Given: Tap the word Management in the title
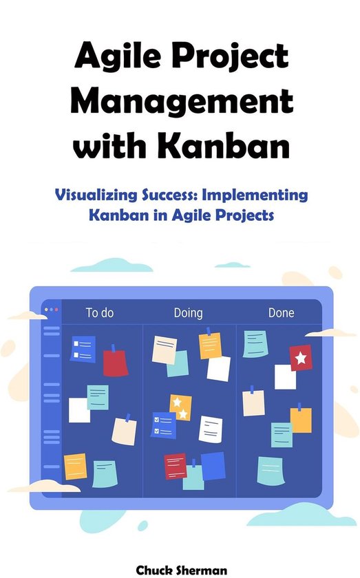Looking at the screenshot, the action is [x=182, y=101].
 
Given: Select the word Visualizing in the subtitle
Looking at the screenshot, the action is [x=96, y=195].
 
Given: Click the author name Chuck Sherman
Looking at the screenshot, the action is [x=182, y=570].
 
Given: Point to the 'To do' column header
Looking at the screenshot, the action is [x=100, y=313].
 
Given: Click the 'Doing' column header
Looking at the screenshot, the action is [x=188, y=313].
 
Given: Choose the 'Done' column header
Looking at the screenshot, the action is [x=281, y=313].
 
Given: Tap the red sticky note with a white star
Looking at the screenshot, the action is [x=301, y=358].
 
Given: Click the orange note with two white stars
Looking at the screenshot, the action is [x=180, y=407].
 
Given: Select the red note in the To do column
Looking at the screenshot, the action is [x=115, y=363].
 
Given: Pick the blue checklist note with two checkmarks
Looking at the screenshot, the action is [x=163, y=425].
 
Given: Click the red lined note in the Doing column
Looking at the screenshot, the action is [x=176, y=466].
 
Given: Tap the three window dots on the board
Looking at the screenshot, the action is [x=51, y=310].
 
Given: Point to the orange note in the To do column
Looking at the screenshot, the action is [x=75, y=467].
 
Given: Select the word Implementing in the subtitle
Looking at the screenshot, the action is [x=255, y=195].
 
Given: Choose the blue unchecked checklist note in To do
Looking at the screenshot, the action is [x=83, y=349].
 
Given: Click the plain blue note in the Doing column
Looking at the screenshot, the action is [x=213, y=466].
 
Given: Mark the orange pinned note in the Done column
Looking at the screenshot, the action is [x=301, y=420].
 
